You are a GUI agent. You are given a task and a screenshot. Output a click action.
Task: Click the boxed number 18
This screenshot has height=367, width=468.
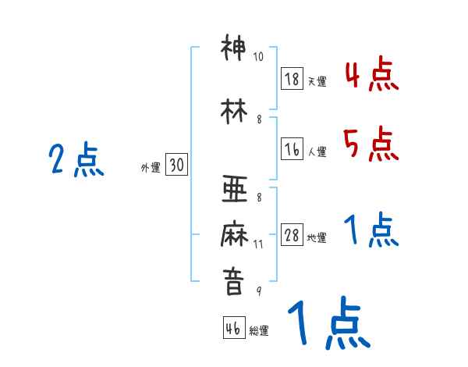point(292,78)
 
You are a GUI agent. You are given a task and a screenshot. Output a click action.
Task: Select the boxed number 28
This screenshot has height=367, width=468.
point(292,236)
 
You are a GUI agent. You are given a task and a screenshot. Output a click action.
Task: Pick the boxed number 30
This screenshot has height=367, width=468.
point(176,165)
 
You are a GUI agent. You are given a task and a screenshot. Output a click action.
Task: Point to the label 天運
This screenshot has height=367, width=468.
point(317,81)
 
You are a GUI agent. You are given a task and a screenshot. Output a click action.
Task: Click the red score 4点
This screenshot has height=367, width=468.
point(370,76)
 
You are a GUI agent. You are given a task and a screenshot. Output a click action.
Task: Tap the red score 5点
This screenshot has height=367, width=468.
point(370,143)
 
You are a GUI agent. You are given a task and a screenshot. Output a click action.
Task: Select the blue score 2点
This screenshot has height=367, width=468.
point(76,160)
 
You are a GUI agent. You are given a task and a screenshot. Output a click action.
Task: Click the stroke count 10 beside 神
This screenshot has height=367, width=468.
point(258,57)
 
